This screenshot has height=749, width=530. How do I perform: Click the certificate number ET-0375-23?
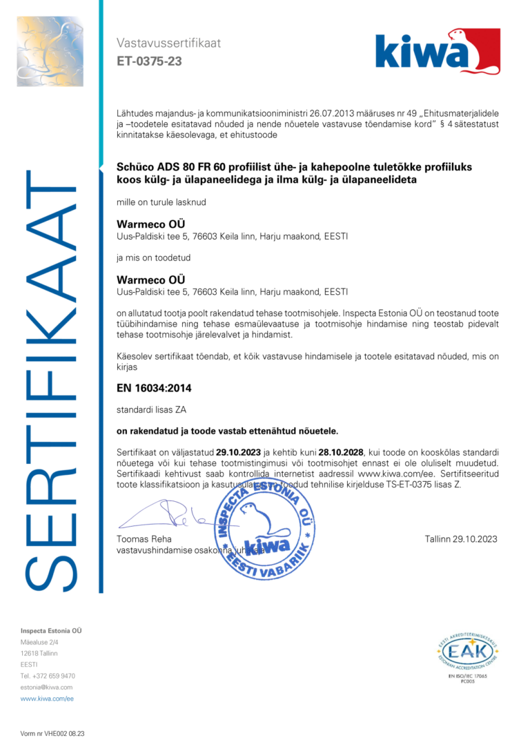(x=149, y=61)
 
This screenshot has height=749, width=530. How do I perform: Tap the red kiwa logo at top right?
(x=438, y=51)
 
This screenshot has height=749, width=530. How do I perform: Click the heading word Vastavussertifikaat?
(x=168, y=43)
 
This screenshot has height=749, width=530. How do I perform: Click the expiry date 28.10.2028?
(x=341, y=451)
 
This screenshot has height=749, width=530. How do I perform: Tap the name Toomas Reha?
(x=144, y=539)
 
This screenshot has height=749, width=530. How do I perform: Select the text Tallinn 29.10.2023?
(x=461, y=539)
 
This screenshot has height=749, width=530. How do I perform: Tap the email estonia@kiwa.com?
(x=46, y=687)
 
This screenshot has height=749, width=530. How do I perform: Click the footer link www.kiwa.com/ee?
(x=47, y=699)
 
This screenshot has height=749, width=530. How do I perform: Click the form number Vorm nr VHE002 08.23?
(x=52, y=734)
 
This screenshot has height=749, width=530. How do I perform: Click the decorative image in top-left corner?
(x=50, y=52)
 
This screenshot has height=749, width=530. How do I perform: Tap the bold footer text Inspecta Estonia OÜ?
(x=51, y=631)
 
